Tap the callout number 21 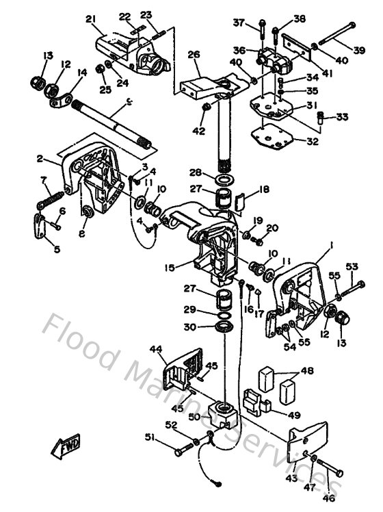click(x=90, y=19)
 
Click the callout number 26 click(x=194, y=55)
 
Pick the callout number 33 click(x=342, y=117)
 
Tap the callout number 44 click(x=157, y=349)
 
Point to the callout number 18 click(x=264, y=193)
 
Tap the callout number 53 click(x=352, y=266)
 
